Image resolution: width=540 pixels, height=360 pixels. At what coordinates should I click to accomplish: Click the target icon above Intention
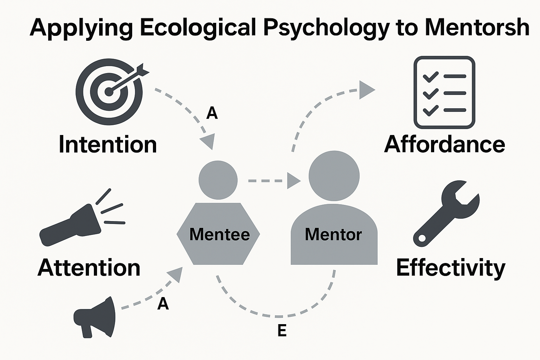tap(109, 92)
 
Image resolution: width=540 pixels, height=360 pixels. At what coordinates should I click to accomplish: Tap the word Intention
tap(108, 144)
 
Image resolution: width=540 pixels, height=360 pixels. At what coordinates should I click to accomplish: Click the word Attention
tap(89, 268)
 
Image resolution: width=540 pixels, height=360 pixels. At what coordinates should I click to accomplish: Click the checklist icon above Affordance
tap(444, 92)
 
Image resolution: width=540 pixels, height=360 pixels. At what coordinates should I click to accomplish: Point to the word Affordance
tap(444, 144)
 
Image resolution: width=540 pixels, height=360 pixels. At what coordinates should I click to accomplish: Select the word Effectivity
tap(450, 268)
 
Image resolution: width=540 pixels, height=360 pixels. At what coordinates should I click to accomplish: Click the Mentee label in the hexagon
tap(219, 234)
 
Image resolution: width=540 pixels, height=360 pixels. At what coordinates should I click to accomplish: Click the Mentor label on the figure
tap(333, 234)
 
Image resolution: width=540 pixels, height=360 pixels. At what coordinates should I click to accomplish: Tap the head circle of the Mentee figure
tap(218, 180)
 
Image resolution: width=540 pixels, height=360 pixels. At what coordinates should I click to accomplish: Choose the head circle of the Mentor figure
tap(334, 176)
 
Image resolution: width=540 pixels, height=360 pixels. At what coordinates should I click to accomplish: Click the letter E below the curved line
tap(282, 330)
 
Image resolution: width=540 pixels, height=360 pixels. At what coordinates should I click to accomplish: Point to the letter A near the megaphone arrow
tap(163, 304)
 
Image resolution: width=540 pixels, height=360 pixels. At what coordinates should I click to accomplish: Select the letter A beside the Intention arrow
tap(212, 113)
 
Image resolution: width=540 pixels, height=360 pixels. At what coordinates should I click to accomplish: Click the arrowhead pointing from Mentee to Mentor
tap(293, 181)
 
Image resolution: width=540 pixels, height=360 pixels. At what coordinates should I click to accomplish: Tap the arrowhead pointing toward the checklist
tap(366, 90)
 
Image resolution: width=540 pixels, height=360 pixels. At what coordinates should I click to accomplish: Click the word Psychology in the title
tap(326, 27)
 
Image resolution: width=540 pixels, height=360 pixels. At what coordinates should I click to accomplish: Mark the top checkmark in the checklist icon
tap(430, 77)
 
